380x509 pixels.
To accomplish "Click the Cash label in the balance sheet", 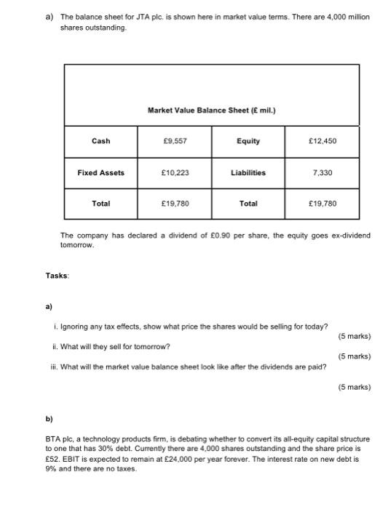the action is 100,141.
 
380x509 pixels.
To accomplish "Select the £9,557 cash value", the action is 175,141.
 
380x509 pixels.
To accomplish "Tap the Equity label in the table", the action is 248,141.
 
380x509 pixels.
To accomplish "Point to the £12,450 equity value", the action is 322,141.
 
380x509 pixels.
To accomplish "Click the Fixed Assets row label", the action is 100,173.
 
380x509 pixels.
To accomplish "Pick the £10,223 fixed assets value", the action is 175,173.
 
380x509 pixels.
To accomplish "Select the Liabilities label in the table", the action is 248,173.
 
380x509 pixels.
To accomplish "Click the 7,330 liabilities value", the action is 322,173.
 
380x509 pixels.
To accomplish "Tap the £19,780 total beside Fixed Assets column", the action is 175,204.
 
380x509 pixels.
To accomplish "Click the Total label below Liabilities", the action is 248,204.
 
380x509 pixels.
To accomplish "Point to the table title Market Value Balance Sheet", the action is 211,111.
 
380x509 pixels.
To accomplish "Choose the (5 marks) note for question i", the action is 355,337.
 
